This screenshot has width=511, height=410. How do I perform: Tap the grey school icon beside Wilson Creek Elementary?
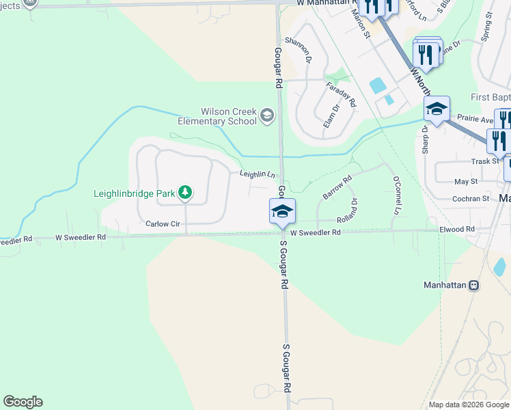(x=267, y=117)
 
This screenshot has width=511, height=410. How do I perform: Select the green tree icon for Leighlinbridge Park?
(x=184, y=193)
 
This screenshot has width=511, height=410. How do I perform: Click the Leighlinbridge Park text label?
(x=135, y=193)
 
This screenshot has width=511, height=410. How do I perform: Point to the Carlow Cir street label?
(x=162, y=223)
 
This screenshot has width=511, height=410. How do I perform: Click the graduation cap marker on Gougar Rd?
(x=282, y=211)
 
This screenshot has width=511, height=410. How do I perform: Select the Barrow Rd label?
(x=337, y=187)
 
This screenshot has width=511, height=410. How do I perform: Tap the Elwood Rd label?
(x=457, y=229)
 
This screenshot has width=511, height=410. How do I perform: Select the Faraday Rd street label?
(x=341, y=94)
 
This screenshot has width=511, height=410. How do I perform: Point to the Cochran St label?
(x=472, y=198)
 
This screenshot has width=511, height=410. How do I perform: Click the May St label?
(x=466, y=181)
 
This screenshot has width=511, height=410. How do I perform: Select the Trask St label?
(x=486, y=161)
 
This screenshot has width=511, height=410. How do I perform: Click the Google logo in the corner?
(x=23, y=402)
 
